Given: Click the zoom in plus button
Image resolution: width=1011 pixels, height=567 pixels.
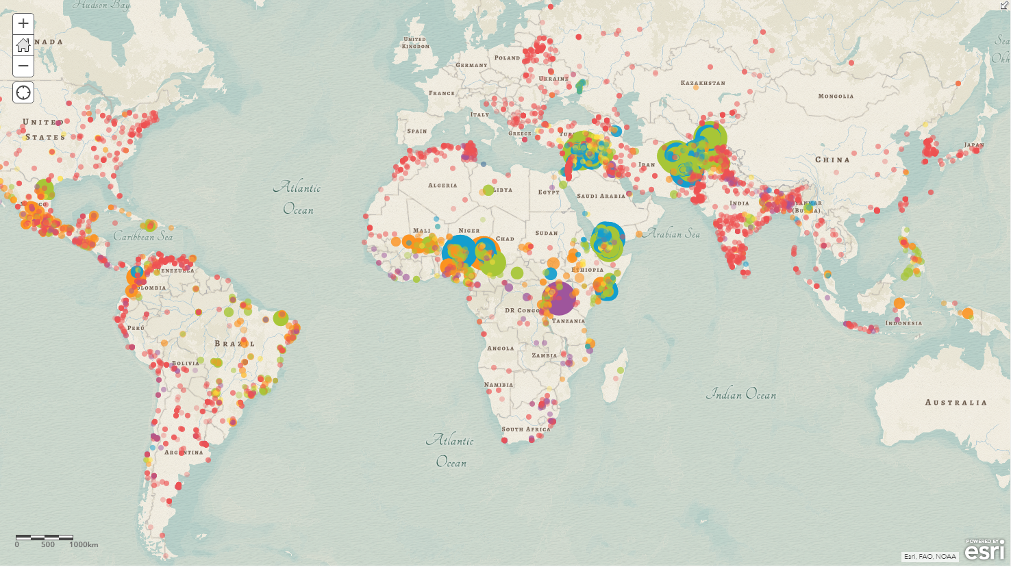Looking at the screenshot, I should click(23, 24).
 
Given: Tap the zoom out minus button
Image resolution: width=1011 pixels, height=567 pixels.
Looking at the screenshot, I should click(23, 66).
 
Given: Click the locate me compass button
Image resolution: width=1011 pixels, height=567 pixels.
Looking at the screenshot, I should click(23, 92).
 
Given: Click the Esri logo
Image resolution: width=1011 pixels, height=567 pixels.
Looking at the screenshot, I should click(985, 549).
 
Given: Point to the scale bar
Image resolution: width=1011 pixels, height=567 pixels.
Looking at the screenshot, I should click(45, 538).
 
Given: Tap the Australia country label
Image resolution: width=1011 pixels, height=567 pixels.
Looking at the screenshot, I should click(956, 403).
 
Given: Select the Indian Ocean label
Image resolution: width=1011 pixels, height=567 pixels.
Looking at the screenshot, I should click(741, 394).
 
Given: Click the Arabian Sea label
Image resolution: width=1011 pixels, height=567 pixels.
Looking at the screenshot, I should click(672, 234).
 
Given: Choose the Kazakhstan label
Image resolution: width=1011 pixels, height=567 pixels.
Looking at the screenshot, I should click(703, 84).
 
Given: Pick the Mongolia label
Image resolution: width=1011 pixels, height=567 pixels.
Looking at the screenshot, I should click(836, 97).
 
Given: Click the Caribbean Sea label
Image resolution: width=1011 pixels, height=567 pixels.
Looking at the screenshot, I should click(142, 237).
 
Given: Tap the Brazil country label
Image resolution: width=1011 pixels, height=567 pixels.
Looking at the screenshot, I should click(234, 344).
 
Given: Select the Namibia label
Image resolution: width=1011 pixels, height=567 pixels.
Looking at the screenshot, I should click(498, 385).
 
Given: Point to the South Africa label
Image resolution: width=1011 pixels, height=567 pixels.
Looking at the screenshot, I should click(525, 429).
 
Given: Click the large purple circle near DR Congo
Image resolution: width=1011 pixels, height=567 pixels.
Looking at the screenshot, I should click(559, 299).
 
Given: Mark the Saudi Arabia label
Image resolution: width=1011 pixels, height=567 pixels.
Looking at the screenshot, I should click(601, 197).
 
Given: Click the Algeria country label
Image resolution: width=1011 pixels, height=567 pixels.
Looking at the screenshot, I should click(442, 186).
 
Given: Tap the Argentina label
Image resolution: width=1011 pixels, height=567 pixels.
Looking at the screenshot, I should click(184, 453).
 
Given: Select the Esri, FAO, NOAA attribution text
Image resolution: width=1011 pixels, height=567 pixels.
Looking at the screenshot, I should click(929, 556).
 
